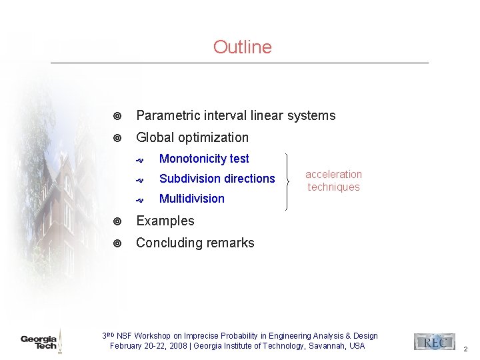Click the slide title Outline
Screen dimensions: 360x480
coord(242,47)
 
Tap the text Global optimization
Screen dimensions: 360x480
coord(192,138)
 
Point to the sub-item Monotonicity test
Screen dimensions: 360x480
coord(204,159)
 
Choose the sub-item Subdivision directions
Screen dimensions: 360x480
coord(217,179)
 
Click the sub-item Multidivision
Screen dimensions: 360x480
coord(192,199)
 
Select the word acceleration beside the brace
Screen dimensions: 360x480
coord(333,175)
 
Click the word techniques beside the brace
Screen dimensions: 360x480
coord(333,187)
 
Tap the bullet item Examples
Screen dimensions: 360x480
coord(165,221)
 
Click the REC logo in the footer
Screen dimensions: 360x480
coord(434,342)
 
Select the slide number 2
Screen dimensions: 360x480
coord(465,349)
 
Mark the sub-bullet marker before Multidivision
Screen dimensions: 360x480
coord(140,199)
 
